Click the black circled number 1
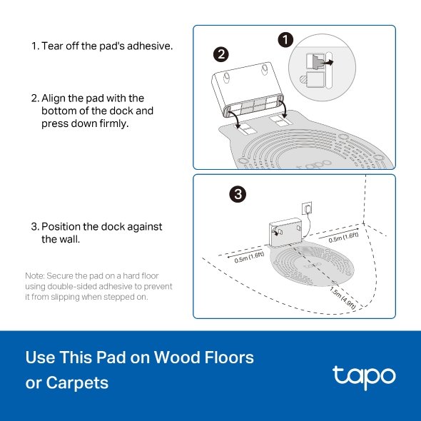(x=285, y=40)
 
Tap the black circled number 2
(x=221, y=54)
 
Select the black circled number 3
(x=238, y=194)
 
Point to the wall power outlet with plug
(x=307, y=208)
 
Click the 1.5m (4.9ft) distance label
(x=343, y=298)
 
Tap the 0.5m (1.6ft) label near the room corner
(x=343, y=238)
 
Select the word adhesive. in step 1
(x=150, y=46)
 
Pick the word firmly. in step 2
(x=114, y=123)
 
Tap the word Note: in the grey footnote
(x=35, y=275)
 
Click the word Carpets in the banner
(x=77, y=383)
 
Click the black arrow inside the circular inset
(x=327, y=63)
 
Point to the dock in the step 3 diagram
(x=286, y=232)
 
